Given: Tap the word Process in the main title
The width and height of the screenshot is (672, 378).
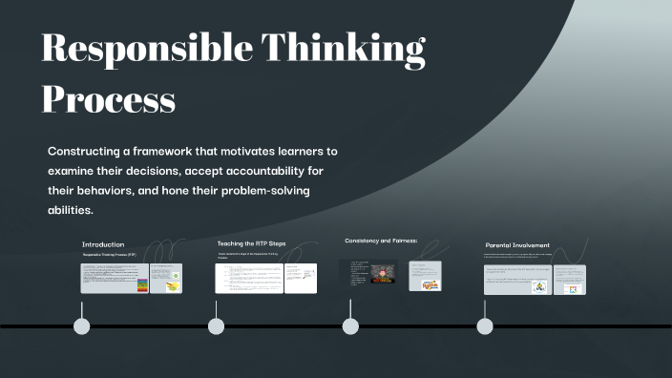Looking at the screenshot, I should click(109, 98).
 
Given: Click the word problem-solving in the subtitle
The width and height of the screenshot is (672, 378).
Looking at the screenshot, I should click(265, 192).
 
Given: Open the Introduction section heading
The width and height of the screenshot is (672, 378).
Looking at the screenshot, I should click(103, 244).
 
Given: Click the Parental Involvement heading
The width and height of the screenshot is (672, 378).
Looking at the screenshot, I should click(517, 245).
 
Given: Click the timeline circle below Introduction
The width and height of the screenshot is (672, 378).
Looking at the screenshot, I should click(82, 326).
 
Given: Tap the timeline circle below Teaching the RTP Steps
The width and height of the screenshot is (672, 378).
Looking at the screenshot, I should click(217, 326).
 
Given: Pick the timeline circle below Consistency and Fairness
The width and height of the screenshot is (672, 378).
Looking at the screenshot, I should click(350, 326).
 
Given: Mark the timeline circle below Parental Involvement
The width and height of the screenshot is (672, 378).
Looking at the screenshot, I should click(485, 326).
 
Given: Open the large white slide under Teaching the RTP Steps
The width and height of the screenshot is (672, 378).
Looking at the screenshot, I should click(248, 279).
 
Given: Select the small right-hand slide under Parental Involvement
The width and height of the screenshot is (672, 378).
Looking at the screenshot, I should click(570, 279).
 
